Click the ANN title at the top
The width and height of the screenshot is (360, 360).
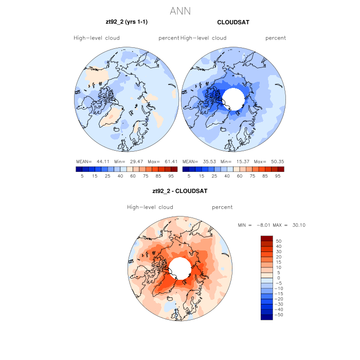pyautogui.click(x=181, y=11)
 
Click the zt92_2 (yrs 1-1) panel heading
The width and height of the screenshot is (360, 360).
pyautogui.click(x=127, y=22)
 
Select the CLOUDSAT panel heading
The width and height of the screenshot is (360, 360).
pyautogui.click(x=233, y=23)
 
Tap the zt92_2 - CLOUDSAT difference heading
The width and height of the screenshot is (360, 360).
pyautogui.click(x=180, y=191)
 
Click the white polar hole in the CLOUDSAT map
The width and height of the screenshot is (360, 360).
pyautogui.click(x=234, y=98)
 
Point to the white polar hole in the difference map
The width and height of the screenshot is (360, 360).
pyautogui.click(x=179, y=267)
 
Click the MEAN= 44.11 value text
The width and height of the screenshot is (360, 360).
pyautogui.click(x=90, y=161)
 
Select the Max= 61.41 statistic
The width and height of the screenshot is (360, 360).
pyautogui.click(x=166, y=161)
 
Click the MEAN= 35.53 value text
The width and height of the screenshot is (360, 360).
pyautogui.click(x=197, y=161)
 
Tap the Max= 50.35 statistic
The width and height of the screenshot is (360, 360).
pyautogui.click(x=273, y=161)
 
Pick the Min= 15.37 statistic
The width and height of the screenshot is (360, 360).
pyautogui.click(x=235, y=161)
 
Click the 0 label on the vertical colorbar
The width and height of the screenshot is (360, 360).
pyautogui.click(x=278, y=278)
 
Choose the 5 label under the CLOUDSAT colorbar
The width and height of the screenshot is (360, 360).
pyautogui.click(x=189, y=175)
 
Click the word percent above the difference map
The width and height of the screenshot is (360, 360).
pyautogui.click(x=222, y=207)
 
